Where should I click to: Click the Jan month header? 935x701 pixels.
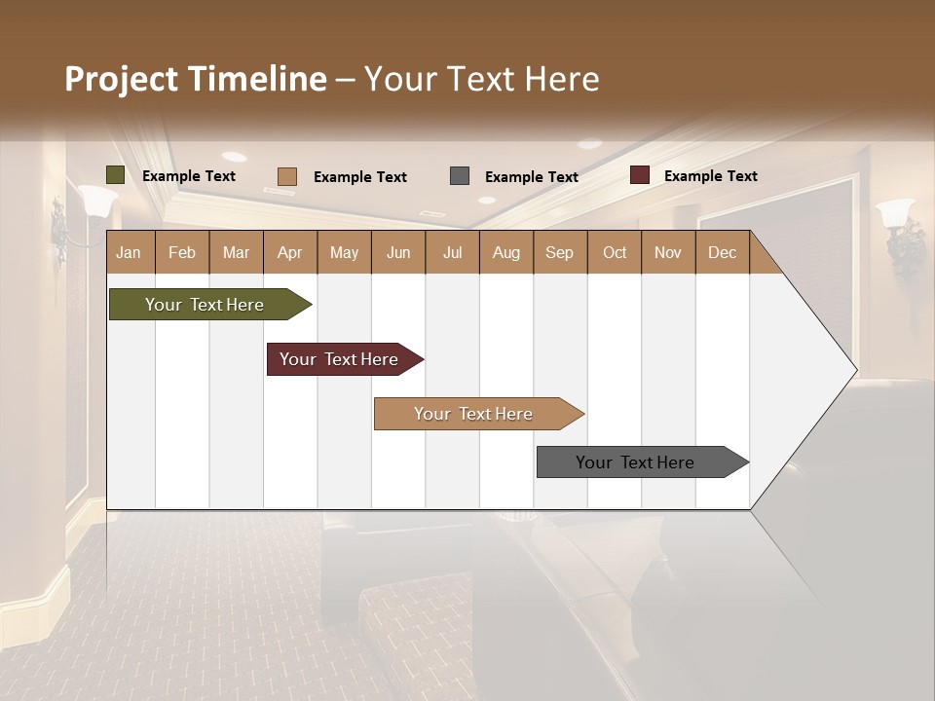tap(130, 252)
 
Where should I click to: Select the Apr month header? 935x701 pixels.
tap(290, 252)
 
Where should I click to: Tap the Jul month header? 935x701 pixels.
tap(452, 252)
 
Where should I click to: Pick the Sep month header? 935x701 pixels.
tap(560, 252)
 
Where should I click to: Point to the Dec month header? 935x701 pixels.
tap(722, 252)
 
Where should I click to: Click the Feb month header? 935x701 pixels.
tap(182, 252)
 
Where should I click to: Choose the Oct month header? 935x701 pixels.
tap(615, 252)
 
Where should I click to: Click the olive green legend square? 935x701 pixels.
tap(116, 175)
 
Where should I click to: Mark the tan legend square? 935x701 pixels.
tap(287, 176)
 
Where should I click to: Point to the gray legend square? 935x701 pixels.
tap(460, 176)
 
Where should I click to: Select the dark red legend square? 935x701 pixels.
tap(640, 175)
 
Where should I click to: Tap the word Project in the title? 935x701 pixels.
tap(121, 79)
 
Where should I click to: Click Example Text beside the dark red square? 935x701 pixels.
tap(710, 176)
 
